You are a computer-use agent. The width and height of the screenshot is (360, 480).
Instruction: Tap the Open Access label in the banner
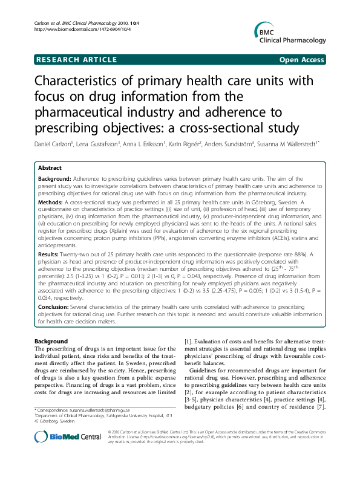tap(301, 60)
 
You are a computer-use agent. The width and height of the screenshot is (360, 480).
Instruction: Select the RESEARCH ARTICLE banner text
tap(77, 60)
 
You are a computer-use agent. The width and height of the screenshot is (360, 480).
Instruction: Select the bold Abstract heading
tap(50, 167)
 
